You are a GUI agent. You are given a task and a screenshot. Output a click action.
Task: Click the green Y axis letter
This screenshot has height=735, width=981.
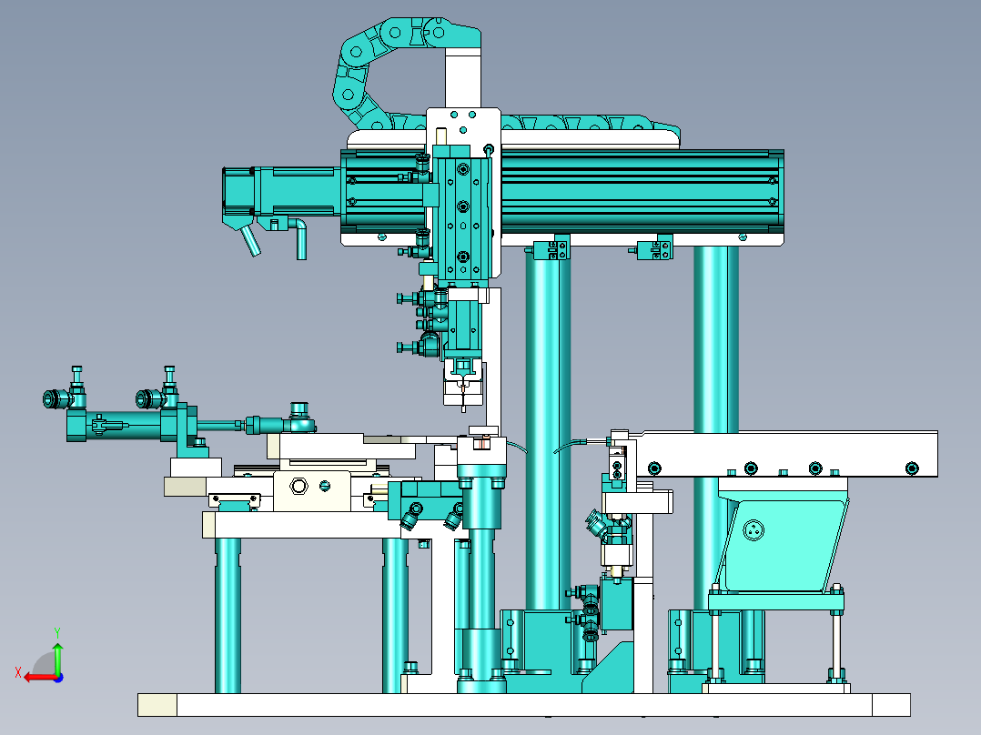coord(57,632)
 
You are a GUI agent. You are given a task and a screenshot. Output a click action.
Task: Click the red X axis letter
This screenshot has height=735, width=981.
coord(18,673)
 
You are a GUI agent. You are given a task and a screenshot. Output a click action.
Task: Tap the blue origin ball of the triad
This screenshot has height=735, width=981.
coord(58,678)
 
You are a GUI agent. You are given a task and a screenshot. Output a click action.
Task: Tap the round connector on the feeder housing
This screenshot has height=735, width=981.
coord(753,530)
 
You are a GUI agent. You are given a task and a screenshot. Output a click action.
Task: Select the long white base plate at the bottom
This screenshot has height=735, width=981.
coord(524,704)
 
